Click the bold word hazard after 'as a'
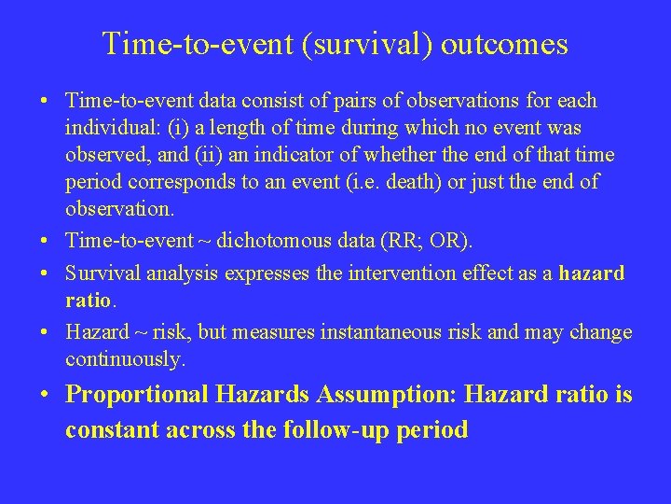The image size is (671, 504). click(592, 273)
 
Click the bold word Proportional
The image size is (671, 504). click(138, 395)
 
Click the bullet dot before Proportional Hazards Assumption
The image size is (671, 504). click(45, 395)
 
